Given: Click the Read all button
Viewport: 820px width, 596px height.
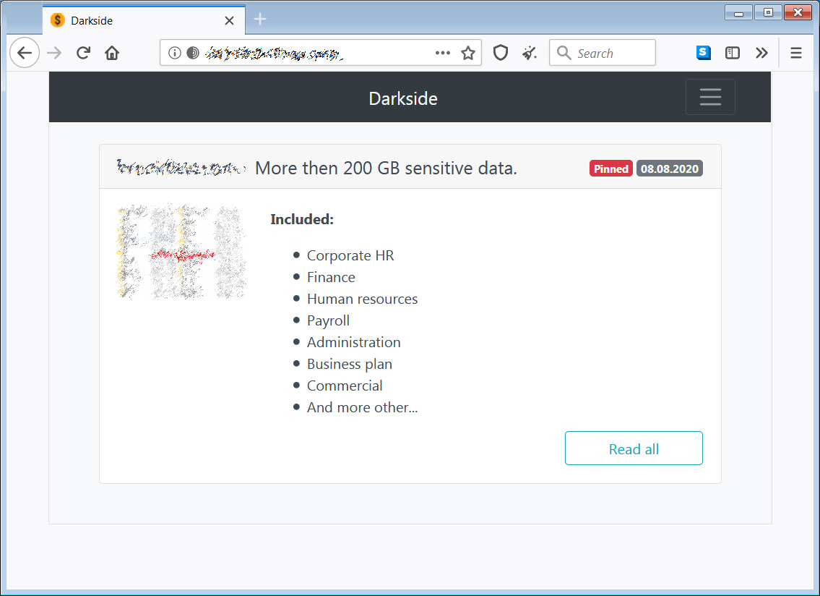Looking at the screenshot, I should click(634, 448).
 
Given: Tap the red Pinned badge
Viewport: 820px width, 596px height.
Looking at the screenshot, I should click(611, 169).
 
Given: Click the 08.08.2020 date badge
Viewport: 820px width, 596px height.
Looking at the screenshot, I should click(670, 169).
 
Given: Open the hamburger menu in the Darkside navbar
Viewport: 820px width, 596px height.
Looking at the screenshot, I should click(710, 98).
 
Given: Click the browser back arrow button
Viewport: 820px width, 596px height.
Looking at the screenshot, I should click(25, 53).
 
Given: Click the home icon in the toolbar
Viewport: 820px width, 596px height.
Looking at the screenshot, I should click(111, 53).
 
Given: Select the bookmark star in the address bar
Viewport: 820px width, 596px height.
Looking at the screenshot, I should click(468, 53).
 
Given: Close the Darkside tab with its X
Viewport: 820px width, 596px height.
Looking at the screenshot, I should click(229, 20).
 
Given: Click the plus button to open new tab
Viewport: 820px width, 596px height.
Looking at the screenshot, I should click(260, 20).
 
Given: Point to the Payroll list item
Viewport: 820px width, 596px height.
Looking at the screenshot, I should click(328, 320).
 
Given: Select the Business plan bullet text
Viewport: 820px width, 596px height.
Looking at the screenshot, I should click(350, 364).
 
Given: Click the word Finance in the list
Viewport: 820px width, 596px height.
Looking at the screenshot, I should click(331, 277).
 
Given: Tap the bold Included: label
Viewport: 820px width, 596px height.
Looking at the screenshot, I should click(302, 219).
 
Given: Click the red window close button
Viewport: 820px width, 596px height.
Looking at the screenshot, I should click(798, 12).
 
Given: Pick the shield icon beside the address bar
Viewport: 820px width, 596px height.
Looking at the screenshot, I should click(501, 53).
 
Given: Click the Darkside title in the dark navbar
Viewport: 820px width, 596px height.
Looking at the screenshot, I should click(403, 98).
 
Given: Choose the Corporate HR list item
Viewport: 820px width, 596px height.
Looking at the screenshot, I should click(350, 255).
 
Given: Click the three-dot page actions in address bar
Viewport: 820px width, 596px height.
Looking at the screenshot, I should click(443, 53).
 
